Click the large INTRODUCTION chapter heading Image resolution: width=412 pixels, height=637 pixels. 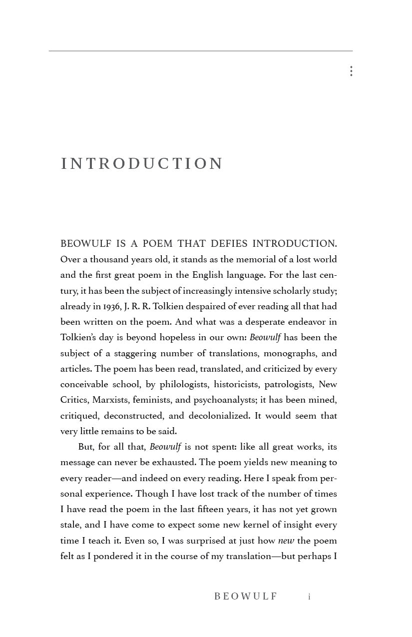tap(142, 164)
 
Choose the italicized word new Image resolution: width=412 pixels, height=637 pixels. tap(286, 541)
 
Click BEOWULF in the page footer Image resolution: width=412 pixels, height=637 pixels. tap(246, 597)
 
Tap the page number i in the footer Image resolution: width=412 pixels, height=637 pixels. tap(309, 597)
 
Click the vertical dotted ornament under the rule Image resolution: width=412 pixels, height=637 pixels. tap(351, 71)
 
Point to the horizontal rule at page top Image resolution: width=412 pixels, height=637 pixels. tap(200, 51)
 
